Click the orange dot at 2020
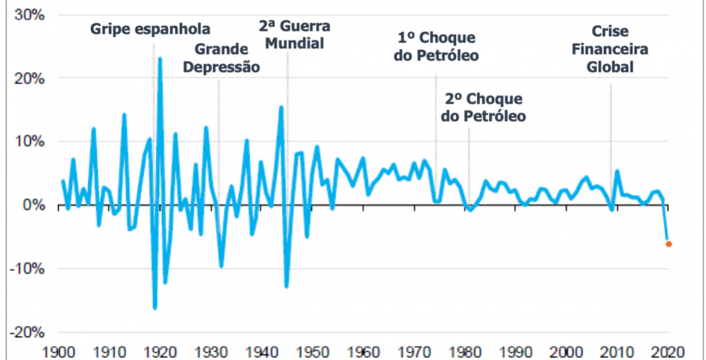(669, 244)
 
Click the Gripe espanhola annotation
(151, 30)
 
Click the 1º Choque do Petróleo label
(437, 47)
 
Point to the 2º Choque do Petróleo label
(483, 107)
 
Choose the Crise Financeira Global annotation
(609, 50)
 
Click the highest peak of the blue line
(160, 58)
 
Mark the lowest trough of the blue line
(155, 308)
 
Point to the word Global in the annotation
(609, 67)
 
